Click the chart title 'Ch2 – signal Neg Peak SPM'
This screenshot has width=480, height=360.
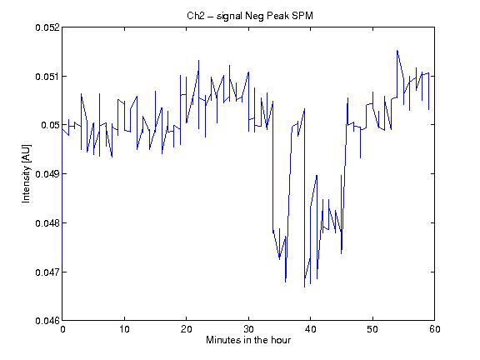click(250, 16)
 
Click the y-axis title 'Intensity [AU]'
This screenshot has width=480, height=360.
click(27, 173)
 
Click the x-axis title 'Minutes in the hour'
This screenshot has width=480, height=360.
click(248, 340)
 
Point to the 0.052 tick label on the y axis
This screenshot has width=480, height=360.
click(47, 27)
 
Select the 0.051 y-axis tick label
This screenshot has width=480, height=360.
click(47, 76)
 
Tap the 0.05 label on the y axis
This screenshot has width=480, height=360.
click(50, 125)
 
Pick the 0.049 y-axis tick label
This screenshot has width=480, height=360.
click(47, 174)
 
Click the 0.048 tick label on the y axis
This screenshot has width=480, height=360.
click(47, 223)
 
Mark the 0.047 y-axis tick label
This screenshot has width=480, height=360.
click(47, 272)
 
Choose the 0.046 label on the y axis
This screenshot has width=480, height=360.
click(47, 321)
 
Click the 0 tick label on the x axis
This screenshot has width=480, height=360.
click(62, 329)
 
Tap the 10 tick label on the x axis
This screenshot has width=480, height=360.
click(125, 329)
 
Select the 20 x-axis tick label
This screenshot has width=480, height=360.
click(187, 329)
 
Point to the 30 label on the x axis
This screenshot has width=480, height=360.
click(248, 329)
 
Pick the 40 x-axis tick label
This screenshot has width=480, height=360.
click(310, 329)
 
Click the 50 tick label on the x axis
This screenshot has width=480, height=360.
click(372, 329)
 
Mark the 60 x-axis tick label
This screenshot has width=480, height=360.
click(435, 329)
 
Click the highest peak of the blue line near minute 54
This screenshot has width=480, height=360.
click(397, 50)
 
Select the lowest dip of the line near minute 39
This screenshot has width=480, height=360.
click(304, 287)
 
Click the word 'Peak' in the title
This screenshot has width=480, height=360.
click(277, 16)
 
